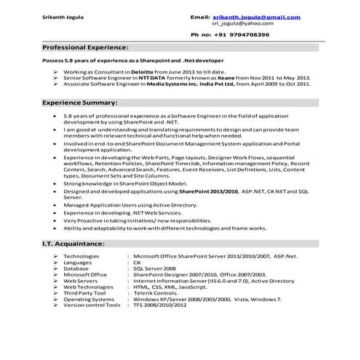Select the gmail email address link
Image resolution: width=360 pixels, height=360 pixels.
pyautogui.click(x=257, y=16)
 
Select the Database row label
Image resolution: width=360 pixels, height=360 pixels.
pyautogui.click(x=76, y=268)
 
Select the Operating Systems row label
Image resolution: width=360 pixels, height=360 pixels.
pyautogui.click(x=89, y=299)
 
